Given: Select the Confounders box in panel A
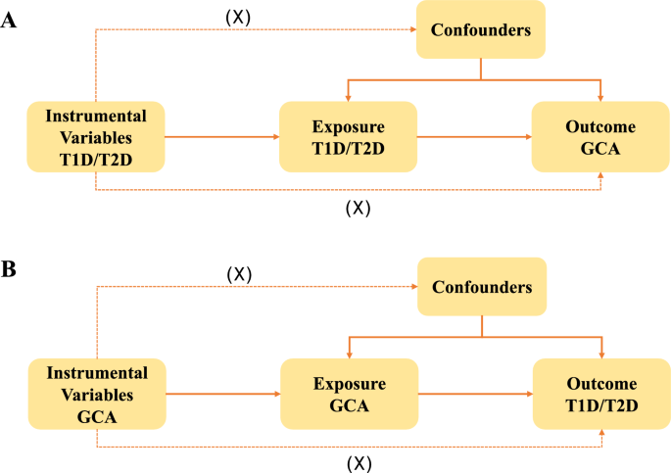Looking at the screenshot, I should pos(480,30).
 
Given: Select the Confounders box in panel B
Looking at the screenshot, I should pos(480,288).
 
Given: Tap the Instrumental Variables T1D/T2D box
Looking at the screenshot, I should pos(96,137).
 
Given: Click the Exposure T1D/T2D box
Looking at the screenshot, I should pos(348,137).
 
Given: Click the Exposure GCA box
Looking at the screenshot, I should pos(348,394).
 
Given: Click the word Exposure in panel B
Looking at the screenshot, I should pos(348,384).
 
